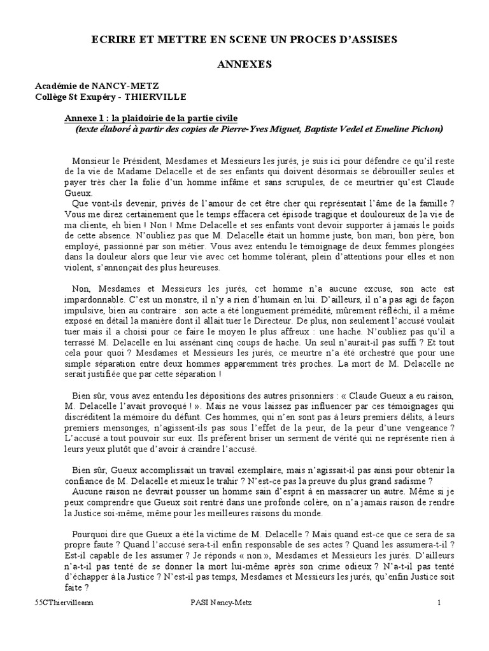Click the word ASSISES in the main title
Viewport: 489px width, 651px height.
point(371,39)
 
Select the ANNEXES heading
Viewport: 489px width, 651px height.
point(245,64)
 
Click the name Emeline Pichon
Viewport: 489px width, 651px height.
point(415,128)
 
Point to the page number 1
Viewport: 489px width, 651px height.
point(439,602)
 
